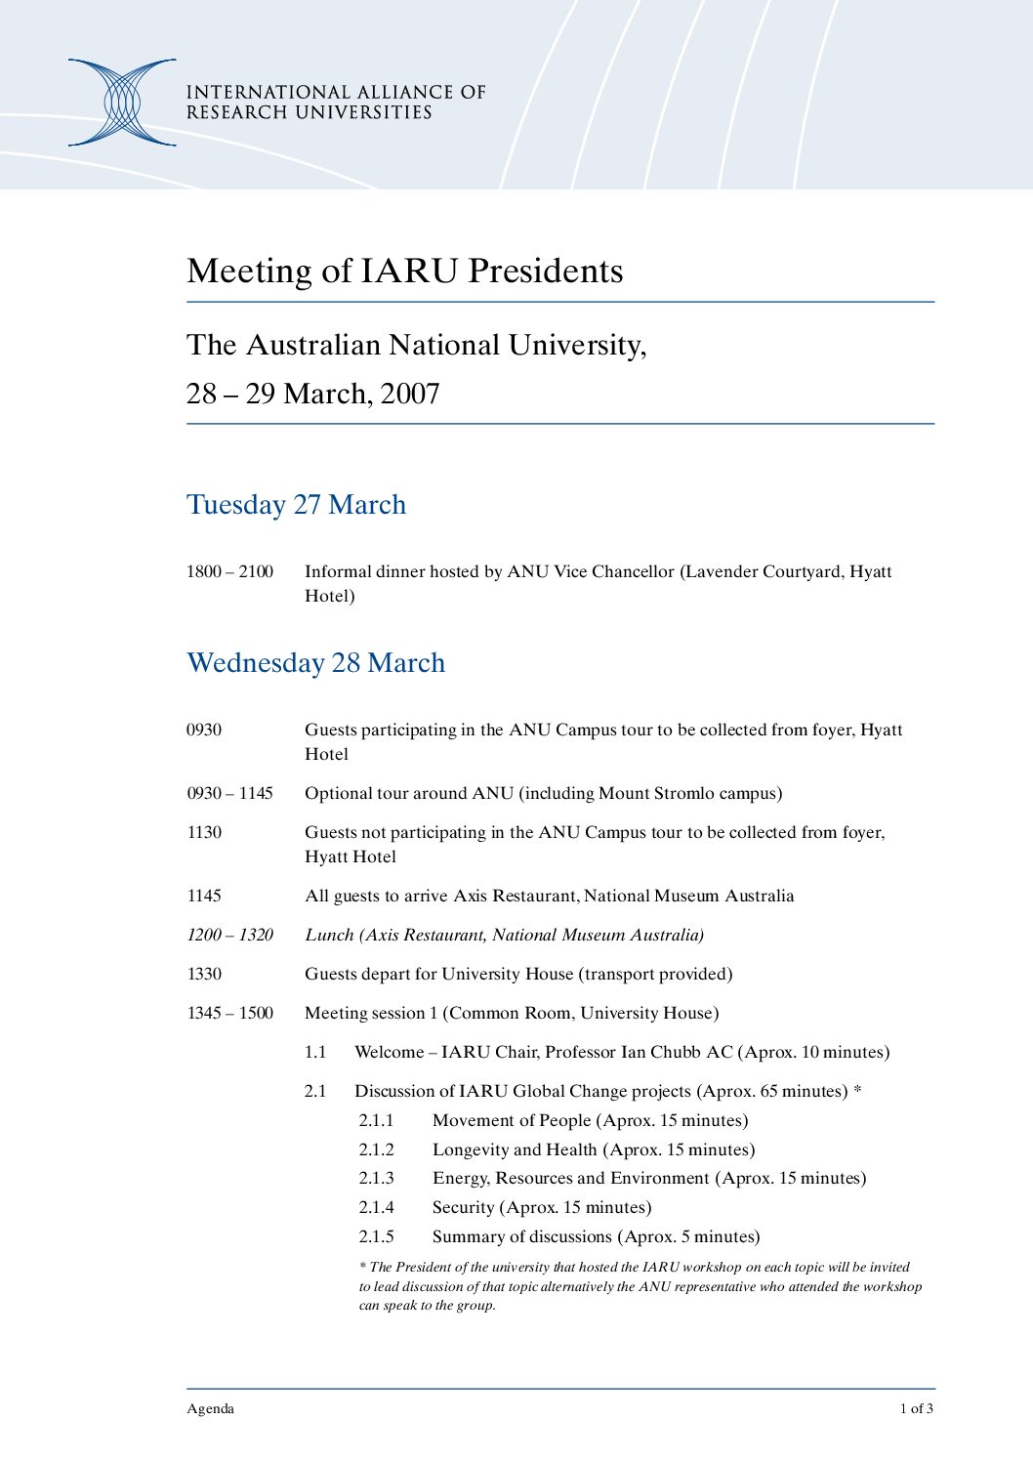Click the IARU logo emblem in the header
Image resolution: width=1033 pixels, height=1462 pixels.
(x=122, y=103)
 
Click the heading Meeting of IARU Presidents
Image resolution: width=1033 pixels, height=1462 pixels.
(x=404, y=271)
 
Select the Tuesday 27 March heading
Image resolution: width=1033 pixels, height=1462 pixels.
(x=296, y=505)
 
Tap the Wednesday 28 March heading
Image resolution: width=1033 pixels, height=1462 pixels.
(x=315, y=663)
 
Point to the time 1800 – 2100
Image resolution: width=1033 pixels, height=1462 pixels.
(x=229, y=571)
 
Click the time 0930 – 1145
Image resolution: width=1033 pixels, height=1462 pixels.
(x=229, y=793)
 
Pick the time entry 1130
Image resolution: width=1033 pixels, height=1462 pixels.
(x=204, y=832)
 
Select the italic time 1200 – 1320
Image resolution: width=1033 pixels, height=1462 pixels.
(x=229, y=935)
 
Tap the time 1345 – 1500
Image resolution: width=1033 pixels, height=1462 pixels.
(x=229, y=1013)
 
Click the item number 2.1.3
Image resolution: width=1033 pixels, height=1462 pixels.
(x=376, y=1178)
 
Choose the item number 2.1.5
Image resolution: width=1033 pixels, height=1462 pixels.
(x=376, y=1236)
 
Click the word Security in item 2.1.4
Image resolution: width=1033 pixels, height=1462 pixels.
(x=464, y=1207)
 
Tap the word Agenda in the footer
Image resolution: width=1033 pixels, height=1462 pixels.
(x=210, y=1408)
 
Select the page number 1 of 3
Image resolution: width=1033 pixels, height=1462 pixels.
(x=916, y=1408)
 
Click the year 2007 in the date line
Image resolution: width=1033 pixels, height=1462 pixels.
(x=410, y=394)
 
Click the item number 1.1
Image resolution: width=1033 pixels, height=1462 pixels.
(x=314, y=1052)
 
